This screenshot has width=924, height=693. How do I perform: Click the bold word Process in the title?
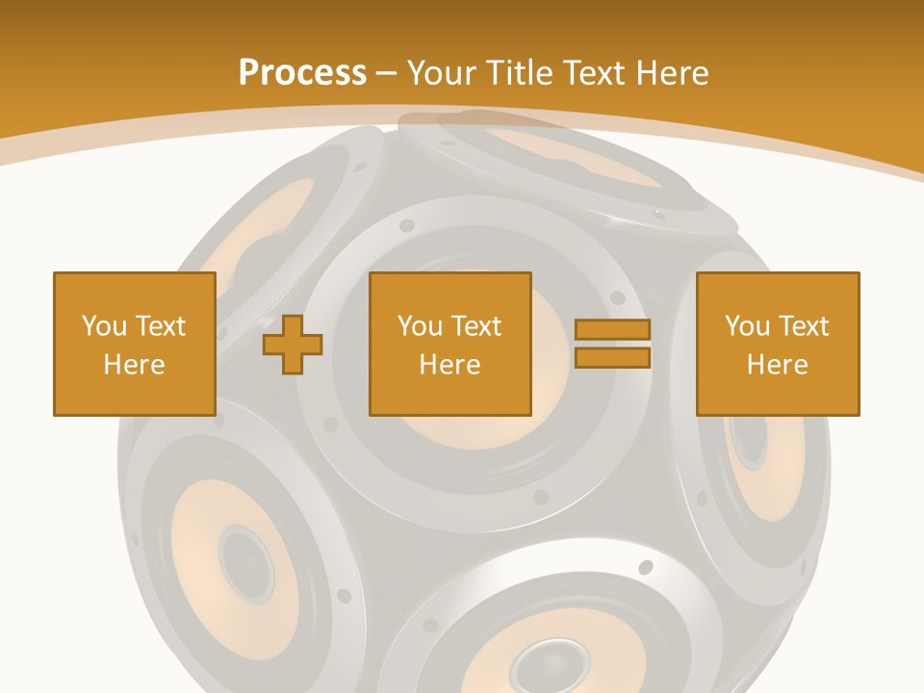coord(302,73)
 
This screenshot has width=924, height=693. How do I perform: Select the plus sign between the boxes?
coord(293,345)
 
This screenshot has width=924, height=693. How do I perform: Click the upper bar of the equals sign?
coord(612,329)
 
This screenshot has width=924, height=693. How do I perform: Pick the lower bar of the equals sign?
coord(612,358)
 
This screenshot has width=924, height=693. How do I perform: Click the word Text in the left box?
coord(160,326)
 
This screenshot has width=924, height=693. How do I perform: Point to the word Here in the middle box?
coord(450,365)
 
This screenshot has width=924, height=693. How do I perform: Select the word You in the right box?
coord(748,326)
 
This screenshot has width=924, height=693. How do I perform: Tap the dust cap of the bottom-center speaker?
coord(539,663)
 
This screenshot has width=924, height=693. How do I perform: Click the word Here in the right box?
coord(778,365)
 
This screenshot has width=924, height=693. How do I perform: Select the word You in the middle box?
coord(421,326)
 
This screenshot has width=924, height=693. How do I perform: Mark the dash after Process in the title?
coord(387,73)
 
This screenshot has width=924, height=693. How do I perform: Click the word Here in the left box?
coord(135,365)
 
